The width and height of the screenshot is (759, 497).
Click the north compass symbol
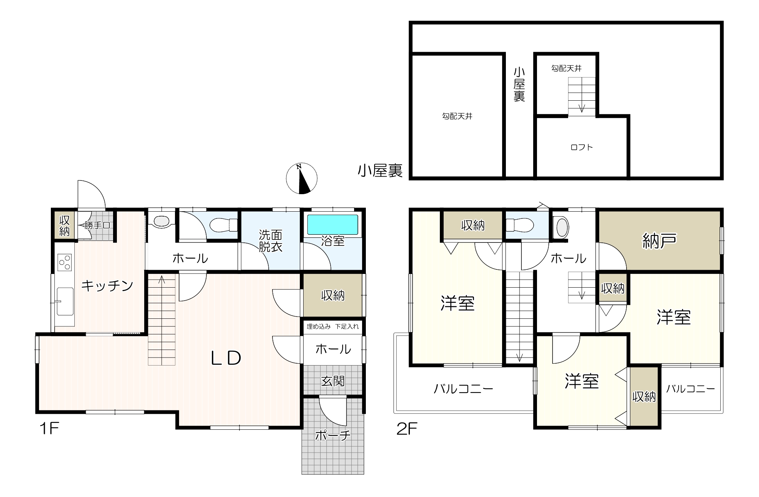(301, 179)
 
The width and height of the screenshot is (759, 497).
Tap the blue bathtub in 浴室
(332, 225)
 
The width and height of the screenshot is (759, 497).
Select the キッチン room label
(107, 285)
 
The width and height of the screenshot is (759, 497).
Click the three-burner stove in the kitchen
(65, 262)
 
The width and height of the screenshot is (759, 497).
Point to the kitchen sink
(65, 302)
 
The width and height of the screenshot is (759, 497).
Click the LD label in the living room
(226, 358)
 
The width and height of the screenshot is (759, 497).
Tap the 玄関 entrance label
(333, 381)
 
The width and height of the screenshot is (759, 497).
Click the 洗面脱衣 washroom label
(271, 241)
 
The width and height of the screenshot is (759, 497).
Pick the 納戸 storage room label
(659, 241)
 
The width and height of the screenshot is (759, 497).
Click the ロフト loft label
(582, 147)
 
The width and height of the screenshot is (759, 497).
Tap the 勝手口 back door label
(97, 225)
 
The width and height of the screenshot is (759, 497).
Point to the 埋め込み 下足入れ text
(332, 326)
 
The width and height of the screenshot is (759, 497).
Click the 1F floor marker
(49, 429)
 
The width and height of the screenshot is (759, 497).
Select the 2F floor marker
(407, 429)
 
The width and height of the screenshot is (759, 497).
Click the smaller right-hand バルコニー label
(690, 389)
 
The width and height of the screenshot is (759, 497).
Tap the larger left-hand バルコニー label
(463, 389)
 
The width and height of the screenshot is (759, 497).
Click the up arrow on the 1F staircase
(162, 280)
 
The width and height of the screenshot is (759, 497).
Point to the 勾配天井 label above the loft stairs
(566, 68)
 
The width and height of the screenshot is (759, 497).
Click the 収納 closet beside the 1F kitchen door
(65, 226)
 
